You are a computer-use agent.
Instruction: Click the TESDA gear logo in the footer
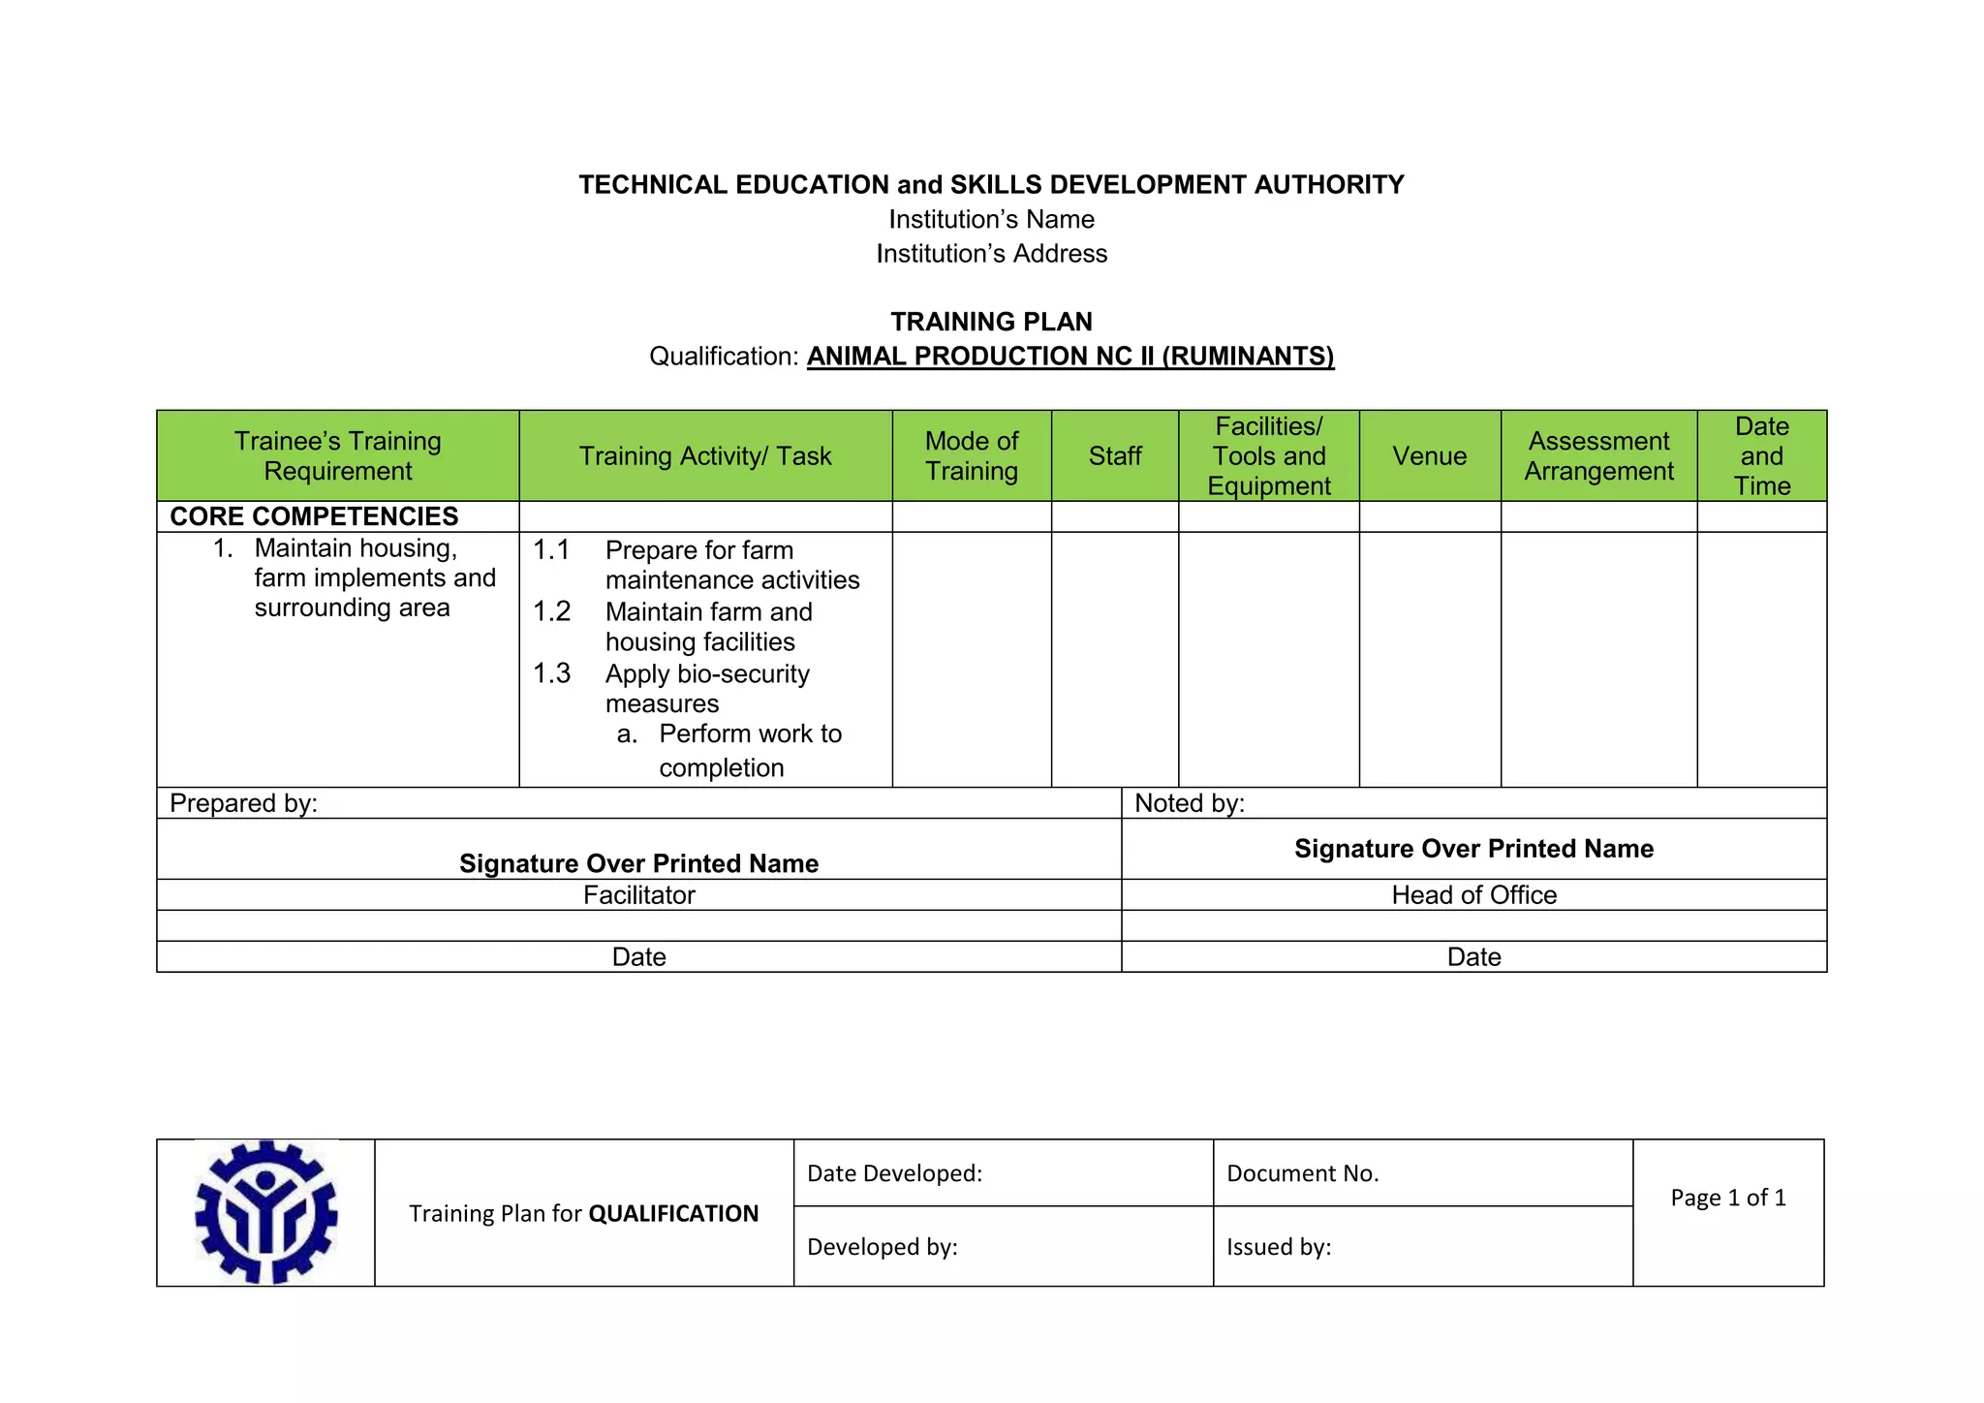(265, 1212)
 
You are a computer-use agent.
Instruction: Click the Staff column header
(1114, 455)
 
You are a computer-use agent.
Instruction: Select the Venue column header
(1429, 455)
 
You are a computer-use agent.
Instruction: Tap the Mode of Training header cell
(971, 455)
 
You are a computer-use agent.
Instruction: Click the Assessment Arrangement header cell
(1598, 455)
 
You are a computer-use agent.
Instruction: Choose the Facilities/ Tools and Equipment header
(1268, 455)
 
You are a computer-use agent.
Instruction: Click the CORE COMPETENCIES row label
(314, 516)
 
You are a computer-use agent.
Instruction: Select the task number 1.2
(552, 611)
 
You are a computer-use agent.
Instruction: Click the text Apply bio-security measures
(707, 688)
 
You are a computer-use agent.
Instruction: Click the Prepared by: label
(243, 803)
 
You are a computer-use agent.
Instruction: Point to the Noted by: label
(1189, 803)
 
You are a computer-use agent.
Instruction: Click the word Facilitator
(638, 894)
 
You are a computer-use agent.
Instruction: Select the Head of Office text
(1473, 894)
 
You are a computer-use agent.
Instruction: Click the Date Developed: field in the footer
(894, 1173)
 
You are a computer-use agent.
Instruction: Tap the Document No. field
(1302, 1173)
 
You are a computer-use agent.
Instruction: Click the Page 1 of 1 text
(1727, 1198)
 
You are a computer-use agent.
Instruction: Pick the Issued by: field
(1278, 1247)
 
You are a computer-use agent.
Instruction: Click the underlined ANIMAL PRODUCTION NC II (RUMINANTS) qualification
(1069, 357)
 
